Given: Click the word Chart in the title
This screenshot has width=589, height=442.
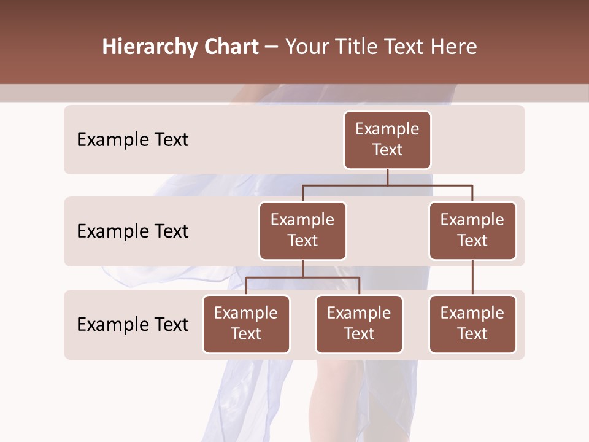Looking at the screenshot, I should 230,47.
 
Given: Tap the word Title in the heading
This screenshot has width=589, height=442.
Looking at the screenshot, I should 357,47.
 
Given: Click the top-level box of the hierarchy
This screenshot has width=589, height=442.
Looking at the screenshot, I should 387,139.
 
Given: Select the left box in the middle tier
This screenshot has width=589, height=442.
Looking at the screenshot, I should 302,230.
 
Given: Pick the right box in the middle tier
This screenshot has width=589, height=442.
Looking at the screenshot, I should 472,230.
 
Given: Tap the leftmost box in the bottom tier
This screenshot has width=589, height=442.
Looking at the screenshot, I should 246,324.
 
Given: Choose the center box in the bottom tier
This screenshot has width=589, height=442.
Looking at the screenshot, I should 359,324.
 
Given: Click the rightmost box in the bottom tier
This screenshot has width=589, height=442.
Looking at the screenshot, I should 472,324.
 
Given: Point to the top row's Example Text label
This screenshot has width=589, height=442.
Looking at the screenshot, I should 133,139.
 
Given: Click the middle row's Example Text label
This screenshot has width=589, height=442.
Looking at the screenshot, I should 133,231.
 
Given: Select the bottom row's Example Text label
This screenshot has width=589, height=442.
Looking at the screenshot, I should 133,324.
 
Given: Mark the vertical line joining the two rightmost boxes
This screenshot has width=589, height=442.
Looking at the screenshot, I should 472,277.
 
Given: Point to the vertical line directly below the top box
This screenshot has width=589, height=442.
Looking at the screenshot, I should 387,177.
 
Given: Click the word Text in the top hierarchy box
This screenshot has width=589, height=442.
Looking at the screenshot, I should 387,150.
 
